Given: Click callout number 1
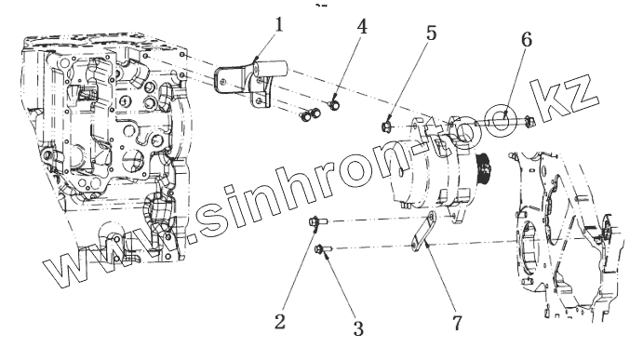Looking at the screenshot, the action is pyautogui.click(x=279, y=25).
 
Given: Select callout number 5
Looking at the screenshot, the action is pyautogui.click(x=431, y=33).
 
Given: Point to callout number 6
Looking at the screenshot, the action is pyautogui.click(x=527, y=39).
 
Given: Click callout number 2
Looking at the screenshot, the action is pyautogui.click(x=280, y=322).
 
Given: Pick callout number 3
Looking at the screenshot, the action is pyautogui.click(x=358, y=328).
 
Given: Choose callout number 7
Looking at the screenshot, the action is pyautogui.click(x=457, y=323).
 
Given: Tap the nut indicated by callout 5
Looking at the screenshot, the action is pyautogui.click(x=386, y=126).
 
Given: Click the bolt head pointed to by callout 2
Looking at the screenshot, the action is pyautogui.click(x=315, y=222).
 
